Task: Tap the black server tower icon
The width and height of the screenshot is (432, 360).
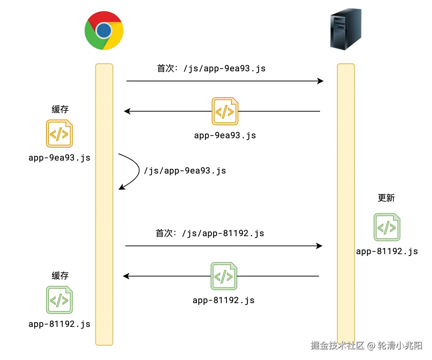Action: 346,30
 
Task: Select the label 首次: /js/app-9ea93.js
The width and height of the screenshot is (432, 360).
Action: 211,68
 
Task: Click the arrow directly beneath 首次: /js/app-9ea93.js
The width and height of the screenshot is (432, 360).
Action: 225,81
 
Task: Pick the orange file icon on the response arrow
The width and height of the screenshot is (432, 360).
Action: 225,111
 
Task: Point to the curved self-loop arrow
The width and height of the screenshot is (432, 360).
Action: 134,171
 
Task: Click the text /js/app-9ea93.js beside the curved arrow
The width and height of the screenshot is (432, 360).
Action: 185,170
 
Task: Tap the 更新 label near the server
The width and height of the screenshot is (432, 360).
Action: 386,198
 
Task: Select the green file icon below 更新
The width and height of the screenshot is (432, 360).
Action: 387,227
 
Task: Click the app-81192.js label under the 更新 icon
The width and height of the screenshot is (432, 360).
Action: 387,251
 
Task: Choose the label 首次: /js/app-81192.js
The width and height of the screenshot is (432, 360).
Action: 210,233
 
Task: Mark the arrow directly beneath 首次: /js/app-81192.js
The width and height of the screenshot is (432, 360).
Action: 223,246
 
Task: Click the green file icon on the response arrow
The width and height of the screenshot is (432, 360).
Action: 224,276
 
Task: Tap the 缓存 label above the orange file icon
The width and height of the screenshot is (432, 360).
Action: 60,109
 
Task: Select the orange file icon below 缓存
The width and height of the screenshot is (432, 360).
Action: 59,134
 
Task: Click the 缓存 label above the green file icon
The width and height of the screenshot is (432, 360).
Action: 60,276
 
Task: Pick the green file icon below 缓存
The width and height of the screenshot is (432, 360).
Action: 59,300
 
